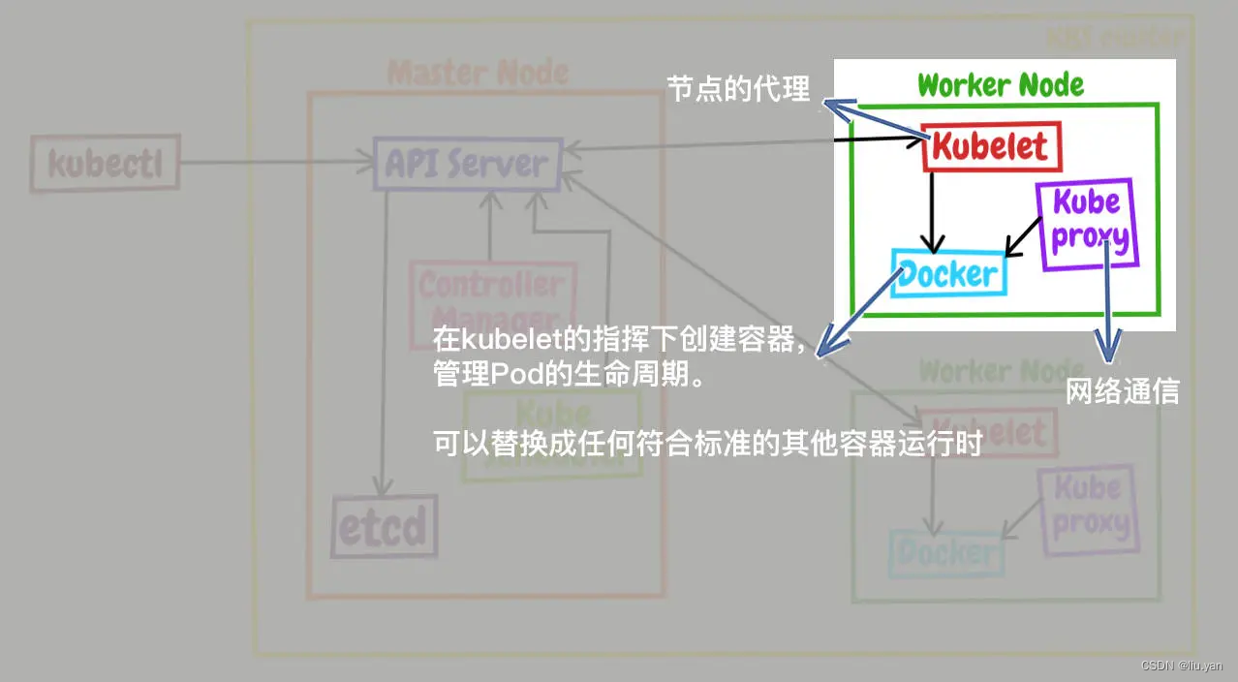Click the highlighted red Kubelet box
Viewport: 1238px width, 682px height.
pyautogui.click(x=991, y=147)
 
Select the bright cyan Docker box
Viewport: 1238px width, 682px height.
pyautogui.click(x=948, y=274)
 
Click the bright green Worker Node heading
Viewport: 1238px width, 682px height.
pyautogui.click(x=1001, y=85)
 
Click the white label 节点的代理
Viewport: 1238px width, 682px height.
pyautogui.click(x=738, y=90)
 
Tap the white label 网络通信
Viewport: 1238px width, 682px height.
pyautogui.click(x=1122, y=391)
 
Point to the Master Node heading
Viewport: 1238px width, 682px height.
pyautogui.click(x=479, y=73)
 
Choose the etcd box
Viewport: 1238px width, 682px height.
pyautogui.click(x=383, y=528)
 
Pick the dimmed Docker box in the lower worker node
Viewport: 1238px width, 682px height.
pyautogui.click(x=944, y=553)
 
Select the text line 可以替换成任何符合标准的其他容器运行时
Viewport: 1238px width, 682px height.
pyautogui.click(x=708, y=445)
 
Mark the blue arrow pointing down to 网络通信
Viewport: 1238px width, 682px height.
pyautogui.click(x=1107, y=310)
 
